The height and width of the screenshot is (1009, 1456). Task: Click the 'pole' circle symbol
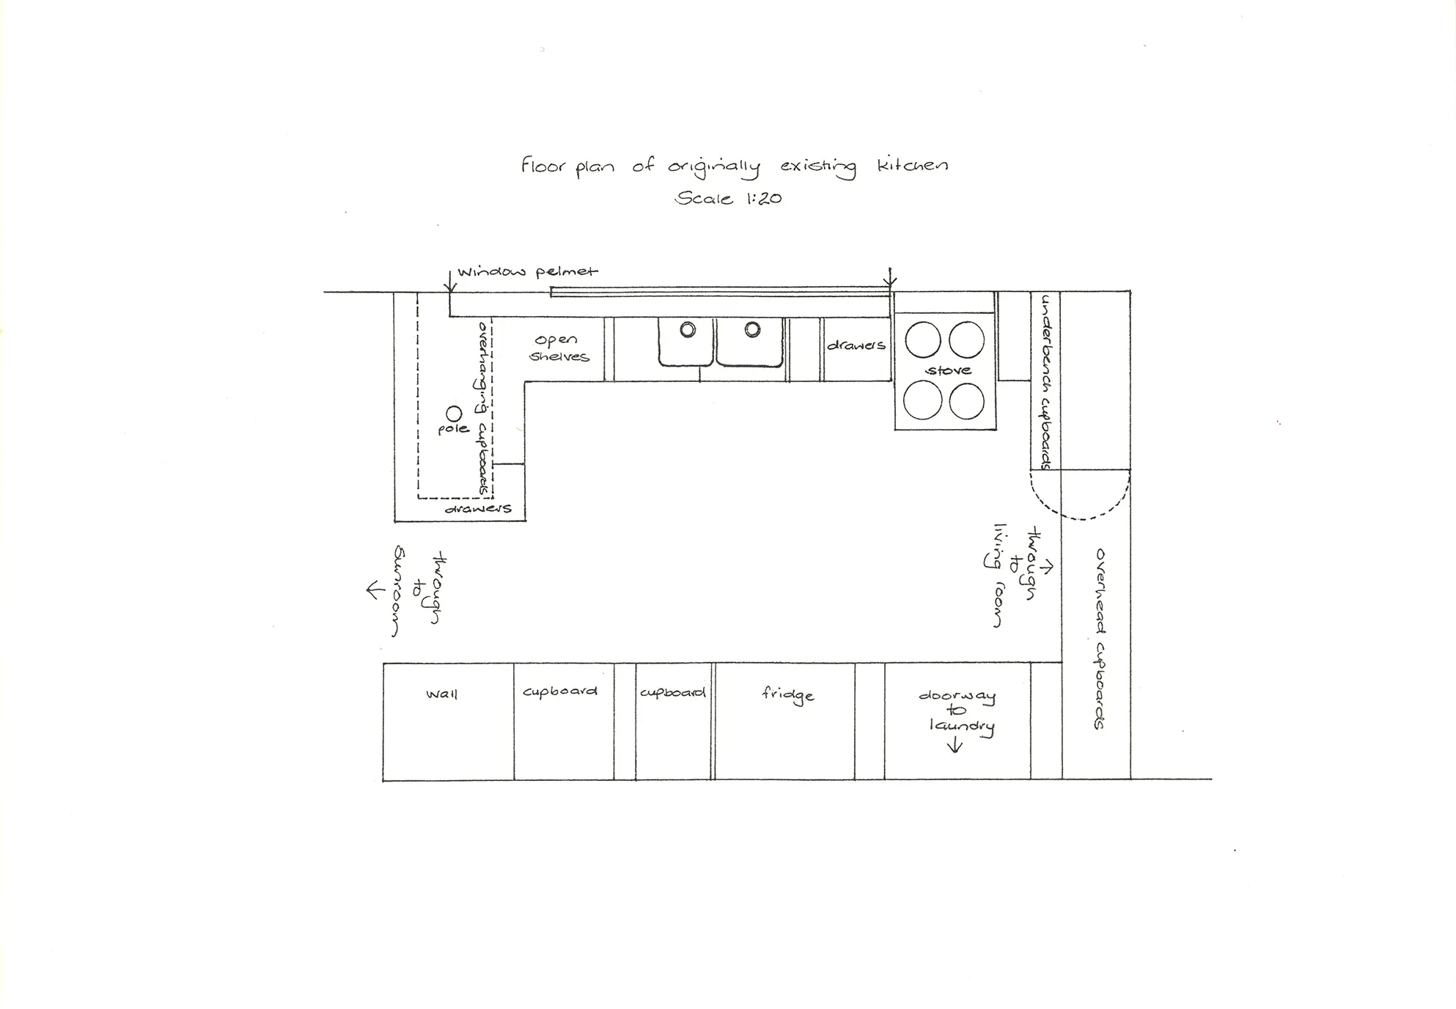pyautogui.click(x=454, y=414)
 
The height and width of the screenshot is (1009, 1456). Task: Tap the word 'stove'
pyautogui.click(x=948, y=370)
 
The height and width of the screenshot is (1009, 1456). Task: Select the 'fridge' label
pyautogui.click(x=787, y=694)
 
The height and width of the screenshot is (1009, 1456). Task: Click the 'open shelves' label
pyautogui.click(x=559, y=348)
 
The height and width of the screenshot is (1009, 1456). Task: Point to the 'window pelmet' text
pyautogui.click(x=528, y=271)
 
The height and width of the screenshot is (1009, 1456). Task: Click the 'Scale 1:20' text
pyautogui.click(x=728, y=198)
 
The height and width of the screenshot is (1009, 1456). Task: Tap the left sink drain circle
pyautogui.click(x=687, y=329)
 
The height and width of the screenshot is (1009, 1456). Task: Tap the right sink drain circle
pyautogui.click(x=752, y=329)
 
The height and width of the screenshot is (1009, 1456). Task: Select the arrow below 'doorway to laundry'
pyautogui.click(x=955, y=746)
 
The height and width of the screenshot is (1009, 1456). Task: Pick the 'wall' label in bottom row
pyautogui.click(x=441, y=694)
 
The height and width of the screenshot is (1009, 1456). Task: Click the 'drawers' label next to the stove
pyautogui.click(x=856, y=345)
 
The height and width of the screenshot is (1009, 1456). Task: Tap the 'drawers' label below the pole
pyautogui.click(x=478, y=507)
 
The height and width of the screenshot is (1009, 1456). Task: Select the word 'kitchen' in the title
pyautogui.click(x=912, y=165)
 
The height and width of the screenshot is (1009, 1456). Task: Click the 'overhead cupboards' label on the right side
pyautogui.click(x=1099, y=638)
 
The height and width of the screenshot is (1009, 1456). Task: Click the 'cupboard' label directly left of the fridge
pyautogui.click(x=672, y=692)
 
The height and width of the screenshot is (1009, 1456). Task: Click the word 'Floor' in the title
pyautogui.click(x=543, y=165)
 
